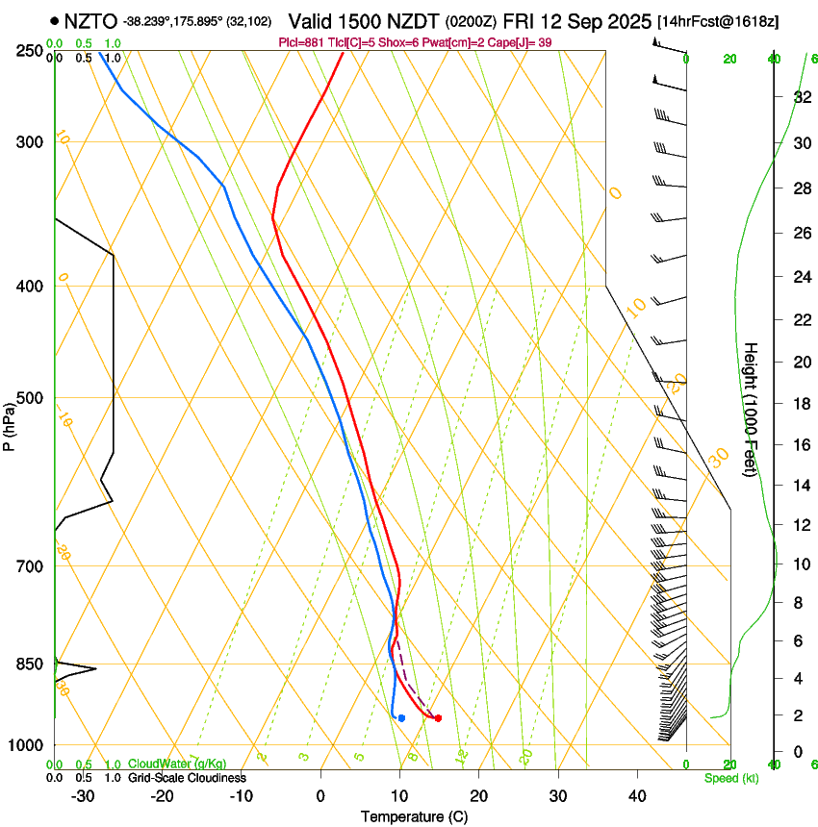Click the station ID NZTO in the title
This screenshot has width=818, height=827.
[91, 20]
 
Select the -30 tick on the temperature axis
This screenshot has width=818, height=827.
[83, 795]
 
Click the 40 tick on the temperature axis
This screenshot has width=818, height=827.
[637, 795]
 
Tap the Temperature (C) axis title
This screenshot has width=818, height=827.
[414, 816]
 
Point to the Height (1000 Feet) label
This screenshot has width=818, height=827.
[751, 410]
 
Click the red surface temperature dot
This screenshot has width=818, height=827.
[438, 717]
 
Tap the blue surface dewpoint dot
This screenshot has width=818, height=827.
[401, 717]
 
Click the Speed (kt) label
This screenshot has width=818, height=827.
[730, 778]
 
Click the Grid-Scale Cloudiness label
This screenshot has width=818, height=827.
[187, 778]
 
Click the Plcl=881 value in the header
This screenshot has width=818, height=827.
[301, 42]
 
